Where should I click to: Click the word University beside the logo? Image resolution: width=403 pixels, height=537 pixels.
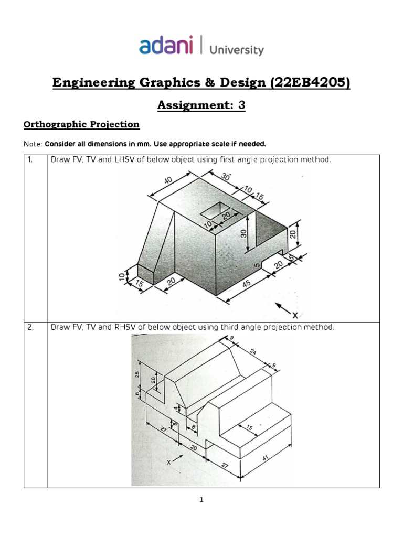click(237, 50)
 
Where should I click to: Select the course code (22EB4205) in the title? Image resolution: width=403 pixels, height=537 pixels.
click(309, 83)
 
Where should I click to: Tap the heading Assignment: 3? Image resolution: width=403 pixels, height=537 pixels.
click(201, 105)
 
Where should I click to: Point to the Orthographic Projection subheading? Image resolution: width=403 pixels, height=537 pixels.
click(81, 125)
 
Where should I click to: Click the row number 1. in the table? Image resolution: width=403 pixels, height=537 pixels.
click(31, 159)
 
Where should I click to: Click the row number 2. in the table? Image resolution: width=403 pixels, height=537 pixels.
click(31, 327)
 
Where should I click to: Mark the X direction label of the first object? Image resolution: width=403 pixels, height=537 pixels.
click(295, 315)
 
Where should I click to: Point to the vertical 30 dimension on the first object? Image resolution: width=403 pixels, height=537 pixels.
click(243, 233)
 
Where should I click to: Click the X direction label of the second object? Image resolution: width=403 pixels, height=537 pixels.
click(169, 463)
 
